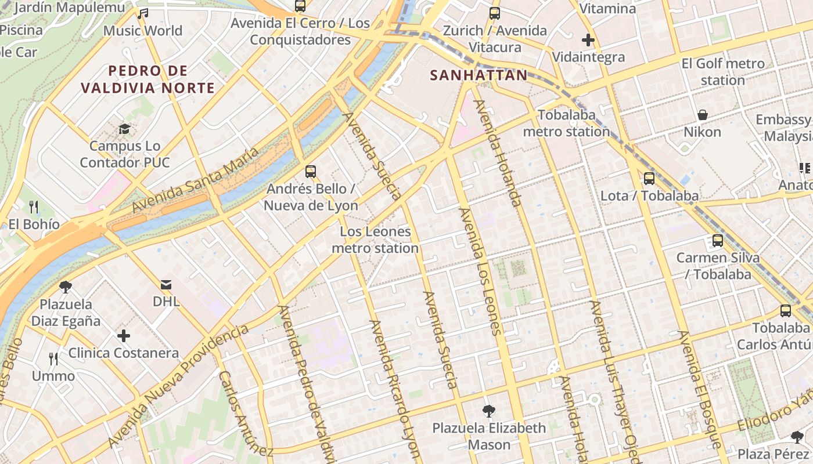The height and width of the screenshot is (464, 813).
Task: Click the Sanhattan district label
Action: pos(479,75)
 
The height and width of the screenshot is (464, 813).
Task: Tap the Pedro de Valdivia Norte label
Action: pos(148,79)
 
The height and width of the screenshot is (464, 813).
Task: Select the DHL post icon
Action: pos(167,284)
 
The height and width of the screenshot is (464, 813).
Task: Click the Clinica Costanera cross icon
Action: pos(123,336)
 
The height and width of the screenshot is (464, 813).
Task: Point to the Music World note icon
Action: pos(143,13)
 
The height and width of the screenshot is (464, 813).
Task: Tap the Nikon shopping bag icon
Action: pos(703,115)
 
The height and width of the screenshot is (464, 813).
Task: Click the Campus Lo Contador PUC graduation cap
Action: pos(124,129)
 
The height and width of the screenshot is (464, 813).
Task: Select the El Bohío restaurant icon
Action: pos(34,206)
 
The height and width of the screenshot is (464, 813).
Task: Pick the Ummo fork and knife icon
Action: pos(53,359)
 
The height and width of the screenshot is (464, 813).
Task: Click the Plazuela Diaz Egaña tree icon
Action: pos(66,287)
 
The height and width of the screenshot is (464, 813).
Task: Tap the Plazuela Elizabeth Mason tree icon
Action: pos(489,411)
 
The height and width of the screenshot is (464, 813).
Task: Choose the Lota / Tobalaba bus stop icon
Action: pos(649,179)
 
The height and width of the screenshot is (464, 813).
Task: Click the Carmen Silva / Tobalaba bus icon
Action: pos(718,240)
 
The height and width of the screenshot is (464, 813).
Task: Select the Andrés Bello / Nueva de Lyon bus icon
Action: pos(311,172)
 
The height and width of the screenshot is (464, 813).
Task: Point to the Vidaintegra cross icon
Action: pos(588,40)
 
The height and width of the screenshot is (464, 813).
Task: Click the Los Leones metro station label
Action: pos(375,240)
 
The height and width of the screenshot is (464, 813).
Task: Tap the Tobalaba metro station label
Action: pos(566,124)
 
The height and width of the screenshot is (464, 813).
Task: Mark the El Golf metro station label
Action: pos(723,72)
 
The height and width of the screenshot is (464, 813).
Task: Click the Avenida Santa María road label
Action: pos(195,180)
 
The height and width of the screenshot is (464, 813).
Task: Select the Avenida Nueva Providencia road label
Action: pos(178,387)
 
